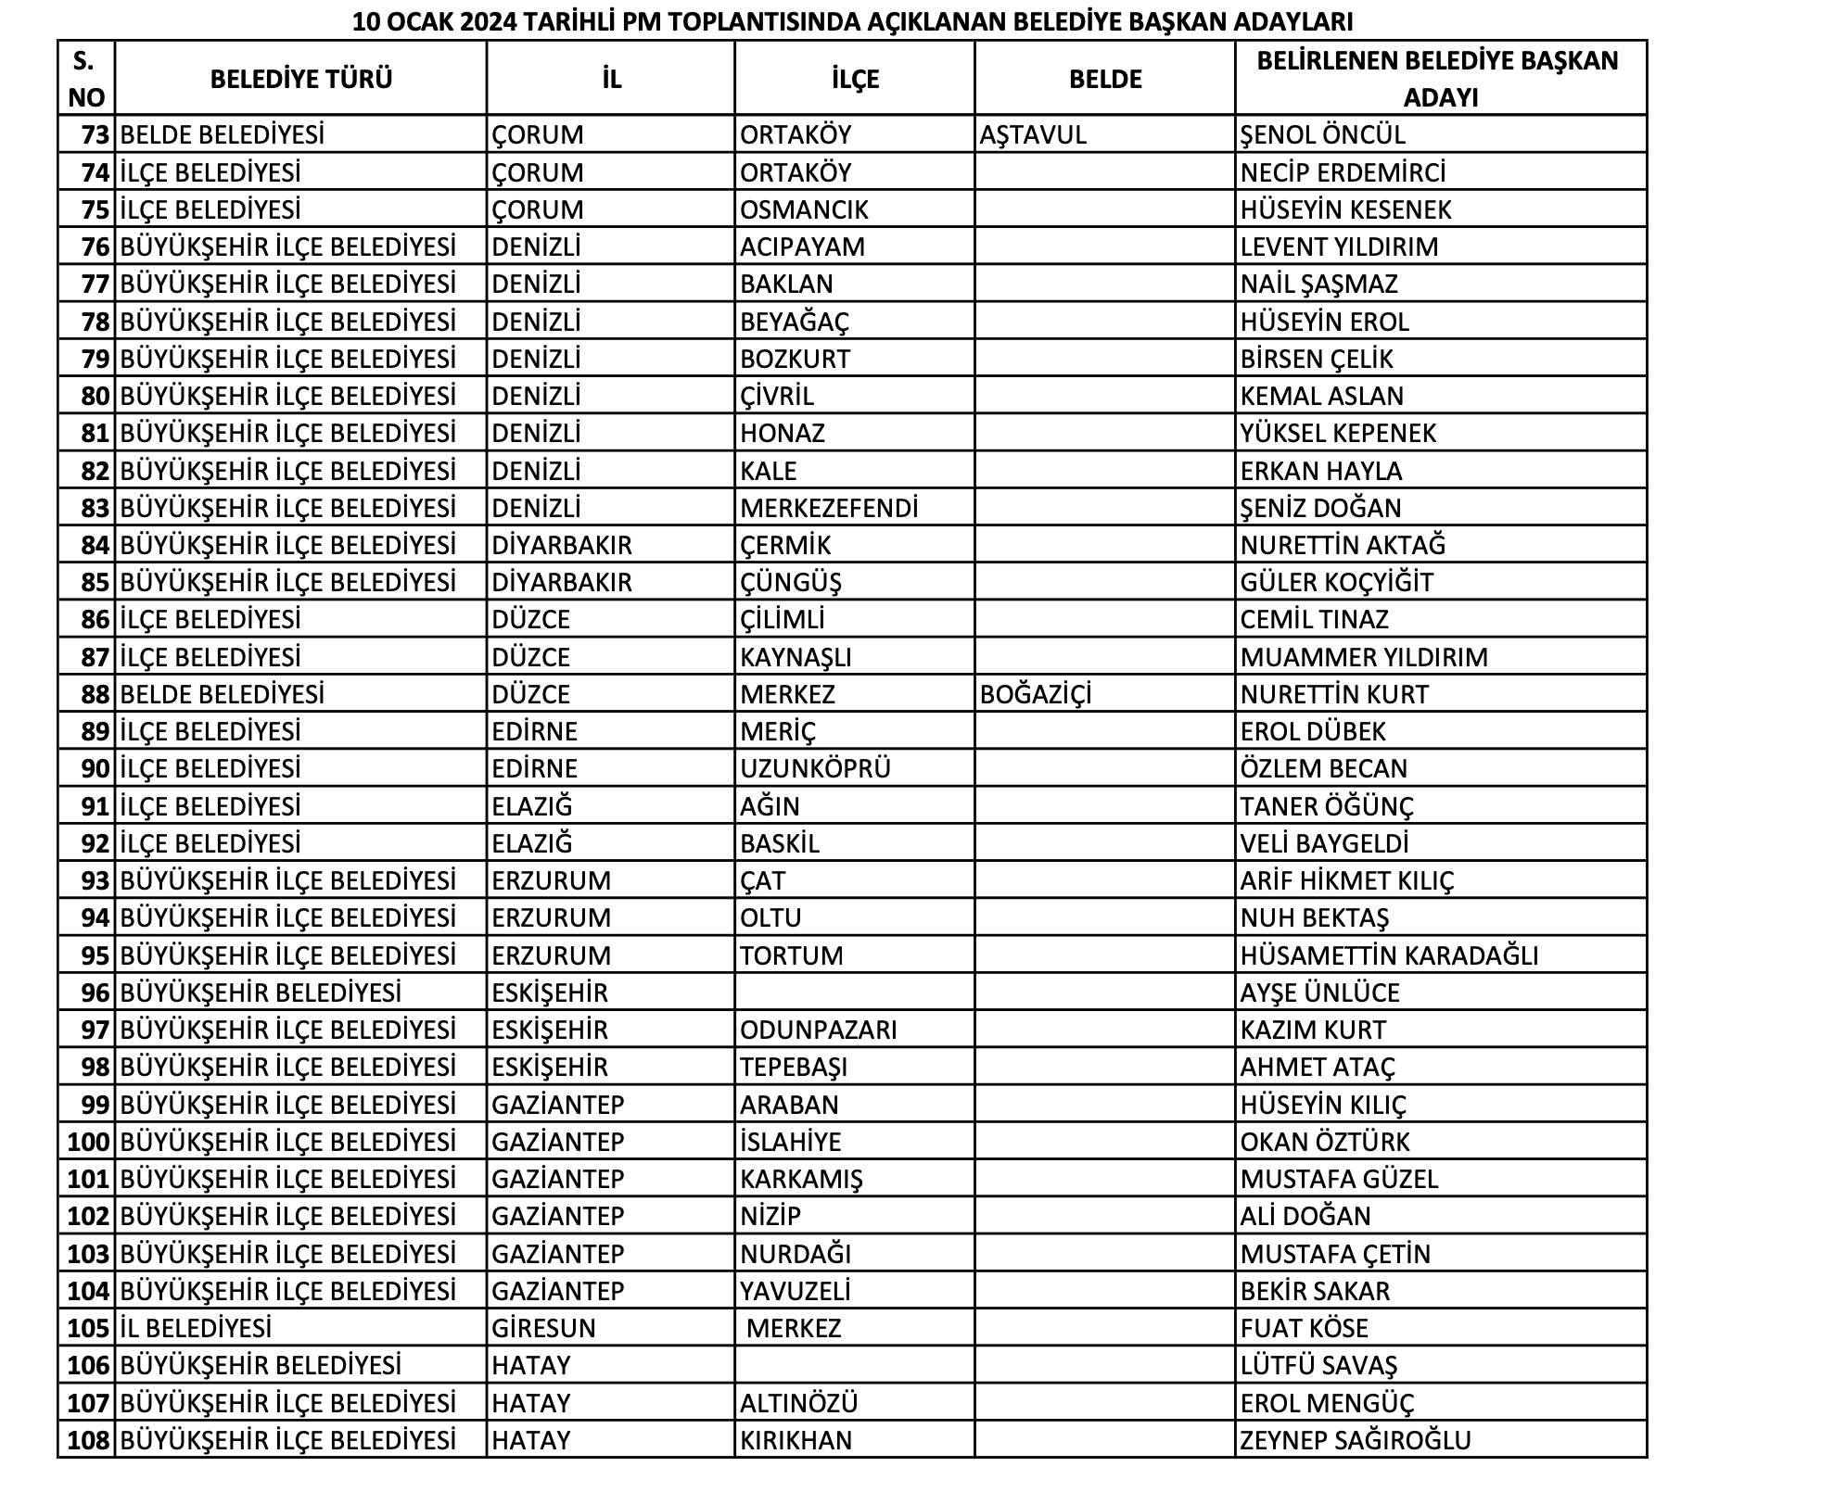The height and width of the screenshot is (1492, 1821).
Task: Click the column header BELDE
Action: coord(1104,79)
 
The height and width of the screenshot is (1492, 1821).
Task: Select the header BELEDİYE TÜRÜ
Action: coord(300,79)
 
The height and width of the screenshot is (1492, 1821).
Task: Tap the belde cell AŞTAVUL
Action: coord(1032,135)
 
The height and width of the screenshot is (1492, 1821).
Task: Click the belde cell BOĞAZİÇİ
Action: coord(1035,694)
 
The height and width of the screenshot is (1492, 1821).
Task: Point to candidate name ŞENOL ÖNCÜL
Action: coord(1322,135)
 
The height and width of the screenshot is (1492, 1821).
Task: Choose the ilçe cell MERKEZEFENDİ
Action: coord(828,508)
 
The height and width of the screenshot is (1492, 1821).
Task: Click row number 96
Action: coord(96,993)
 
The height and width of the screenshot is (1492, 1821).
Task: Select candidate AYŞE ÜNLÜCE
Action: coord(1319,993)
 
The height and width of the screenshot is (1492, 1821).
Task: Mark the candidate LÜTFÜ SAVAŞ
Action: coord(1318,1365)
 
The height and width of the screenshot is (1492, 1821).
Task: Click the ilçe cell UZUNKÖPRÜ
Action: coord(815,768)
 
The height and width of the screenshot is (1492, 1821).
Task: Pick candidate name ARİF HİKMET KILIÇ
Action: coord(1347,880)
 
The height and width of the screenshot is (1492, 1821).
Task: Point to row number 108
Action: coord(89,1440)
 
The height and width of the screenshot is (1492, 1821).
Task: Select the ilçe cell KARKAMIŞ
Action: coord(801,1179)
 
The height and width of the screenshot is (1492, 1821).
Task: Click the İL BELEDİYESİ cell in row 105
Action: coord(196,1328)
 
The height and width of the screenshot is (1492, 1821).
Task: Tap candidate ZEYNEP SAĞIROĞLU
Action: coord(1356,1440)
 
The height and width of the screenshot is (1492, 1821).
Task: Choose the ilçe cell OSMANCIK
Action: coord(804,209)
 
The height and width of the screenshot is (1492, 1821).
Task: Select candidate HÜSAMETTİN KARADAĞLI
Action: coord(1389,955)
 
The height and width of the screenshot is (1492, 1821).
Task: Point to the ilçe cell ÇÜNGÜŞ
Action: coord(790,582)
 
